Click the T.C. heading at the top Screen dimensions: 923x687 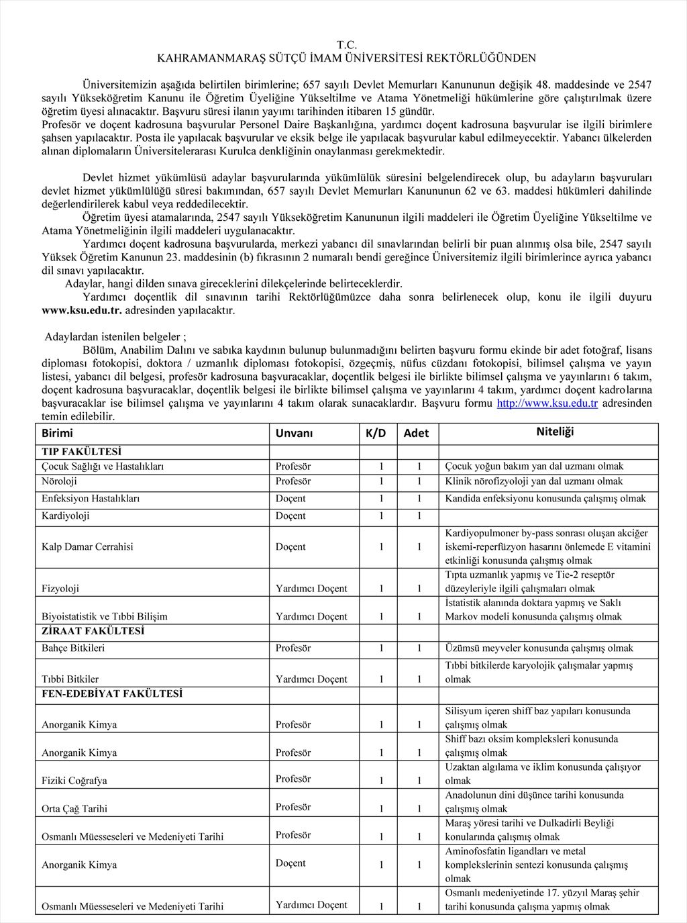point(346,45)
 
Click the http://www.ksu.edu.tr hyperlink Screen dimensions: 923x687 point(547,403)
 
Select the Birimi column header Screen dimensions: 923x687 point(57,433)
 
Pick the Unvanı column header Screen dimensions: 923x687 point(294,433)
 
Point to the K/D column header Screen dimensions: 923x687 point(376,433)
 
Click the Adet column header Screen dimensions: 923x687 point(416,433)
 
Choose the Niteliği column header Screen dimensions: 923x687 point(555,432)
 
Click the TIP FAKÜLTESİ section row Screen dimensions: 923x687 point(81,452)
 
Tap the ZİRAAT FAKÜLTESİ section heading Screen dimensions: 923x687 point(93,631)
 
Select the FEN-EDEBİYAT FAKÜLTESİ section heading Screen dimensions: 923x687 point(111,693)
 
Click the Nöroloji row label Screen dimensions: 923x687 point(59,481)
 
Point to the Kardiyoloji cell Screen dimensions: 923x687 point(65,516)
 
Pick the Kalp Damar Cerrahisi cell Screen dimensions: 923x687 point(87,546)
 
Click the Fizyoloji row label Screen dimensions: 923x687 point(60,588)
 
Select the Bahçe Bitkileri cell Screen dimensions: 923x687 point(73,648)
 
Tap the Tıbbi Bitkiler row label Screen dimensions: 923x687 point(70,679)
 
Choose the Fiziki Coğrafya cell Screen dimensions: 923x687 point(74,780)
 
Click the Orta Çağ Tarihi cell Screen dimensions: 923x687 point(74,808)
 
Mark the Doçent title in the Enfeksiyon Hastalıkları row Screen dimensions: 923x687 point(290,498)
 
